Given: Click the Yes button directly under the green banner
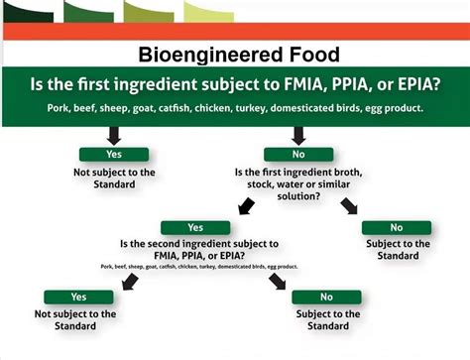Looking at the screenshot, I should point(115,155).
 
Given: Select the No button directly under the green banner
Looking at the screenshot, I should point(298,155).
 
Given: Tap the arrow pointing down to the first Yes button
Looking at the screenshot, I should point(115,135).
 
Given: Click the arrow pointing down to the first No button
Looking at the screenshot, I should point(298,135).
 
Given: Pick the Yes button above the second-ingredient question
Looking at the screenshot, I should point(196,227).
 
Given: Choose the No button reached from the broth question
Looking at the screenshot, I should point(396,227).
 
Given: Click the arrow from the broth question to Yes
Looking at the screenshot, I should point(242,206).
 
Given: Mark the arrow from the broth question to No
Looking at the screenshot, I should point(350,206).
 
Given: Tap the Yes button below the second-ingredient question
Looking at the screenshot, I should point(79,297).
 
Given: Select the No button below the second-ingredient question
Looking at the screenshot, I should point(326,297).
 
